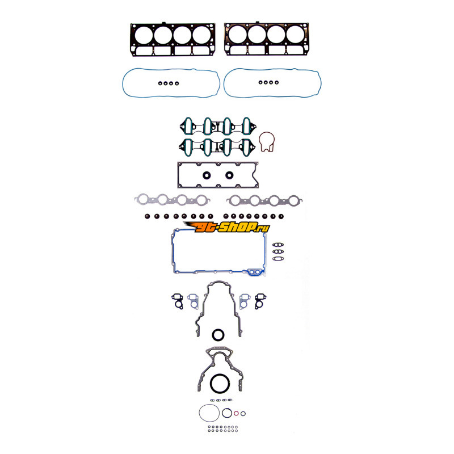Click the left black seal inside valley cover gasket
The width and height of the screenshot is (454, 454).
(x=207, y=175)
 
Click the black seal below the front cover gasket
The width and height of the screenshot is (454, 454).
(x=218, y=330)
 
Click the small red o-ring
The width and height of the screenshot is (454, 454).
(x=236, y=413)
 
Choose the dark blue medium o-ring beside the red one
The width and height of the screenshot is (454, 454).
(x=227, y=409)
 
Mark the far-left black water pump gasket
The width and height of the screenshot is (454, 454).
(x=177, y=301)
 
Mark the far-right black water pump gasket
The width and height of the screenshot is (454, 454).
(x=260, y=301)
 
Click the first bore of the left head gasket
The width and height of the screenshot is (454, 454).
(x=144, y=36)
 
